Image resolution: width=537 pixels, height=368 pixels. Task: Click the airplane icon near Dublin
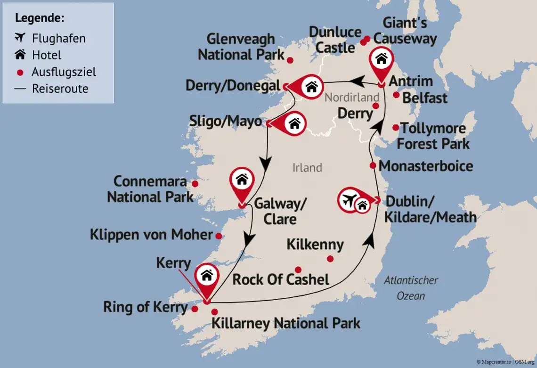pos(349,200)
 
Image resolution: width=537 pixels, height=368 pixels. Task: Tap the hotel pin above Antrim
pos(382,60)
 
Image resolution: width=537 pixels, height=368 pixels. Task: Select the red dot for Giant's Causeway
pos(367,39)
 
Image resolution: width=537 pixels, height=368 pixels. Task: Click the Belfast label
pos(424,98)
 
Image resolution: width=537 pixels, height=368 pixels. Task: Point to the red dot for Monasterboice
pos(373,165)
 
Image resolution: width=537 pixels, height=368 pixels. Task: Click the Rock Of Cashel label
pos(281,279)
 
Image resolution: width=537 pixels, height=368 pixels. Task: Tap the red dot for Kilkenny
pos(330,258)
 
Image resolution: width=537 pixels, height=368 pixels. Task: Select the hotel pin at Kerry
pos(207,276)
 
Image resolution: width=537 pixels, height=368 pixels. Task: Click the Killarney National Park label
pos(285,324)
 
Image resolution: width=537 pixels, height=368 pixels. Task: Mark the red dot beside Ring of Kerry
pos(195,309)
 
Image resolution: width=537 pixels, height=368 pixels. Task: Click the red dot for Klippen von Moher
pos(219,236)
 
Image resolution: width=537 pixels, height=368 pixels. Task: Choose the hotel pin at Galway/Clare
pos(242,180)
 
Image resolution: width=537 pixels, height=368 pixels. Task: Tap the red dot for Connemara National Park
pos(195,183)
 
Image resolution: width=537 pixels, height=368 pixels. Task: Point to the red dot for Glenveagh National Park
pos(290,60)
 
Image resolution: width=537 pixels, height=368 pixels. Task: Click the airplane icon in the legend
pos(20,38)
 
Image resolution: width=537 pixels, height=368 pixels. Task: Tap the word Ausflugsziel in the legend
pos(64,72)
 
